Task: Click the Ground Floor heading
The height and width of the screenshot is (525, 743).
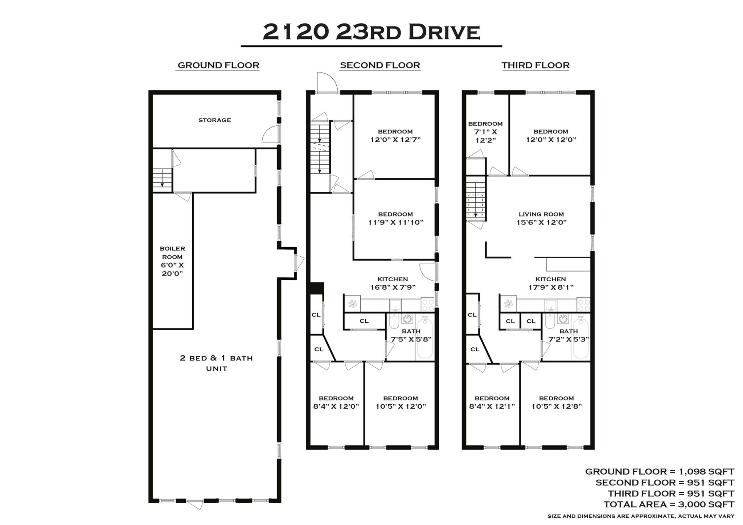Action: click(x=218, y=65)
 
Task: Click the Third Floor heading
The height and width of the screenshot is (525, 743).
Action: click(x=535, y=65)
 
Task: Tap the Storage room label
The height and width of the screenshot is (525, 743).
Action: click(x=214, y=120)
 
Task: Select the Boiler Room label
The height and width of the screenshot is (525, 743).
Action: click(x=172, y=261)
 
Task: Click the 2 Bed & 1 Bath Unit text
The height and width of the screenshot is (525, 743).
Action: click(x=216, y=363)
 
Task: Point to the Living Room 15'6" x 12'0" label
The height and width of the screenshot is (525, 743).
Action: click(x=541, y=218)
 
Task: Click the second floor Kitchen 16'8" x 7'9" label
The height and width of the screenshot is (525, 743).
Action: click(x=393, y=283)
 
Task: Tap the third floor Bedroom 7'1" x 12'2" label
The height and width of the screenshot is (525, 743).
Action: click(x=485, y=132)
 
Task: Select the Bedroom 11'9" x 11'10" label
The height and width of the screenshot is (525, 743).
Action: click(x=395, y=218)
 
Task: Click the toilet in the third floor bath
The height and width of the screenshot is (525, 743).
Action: click(x=550, y=321)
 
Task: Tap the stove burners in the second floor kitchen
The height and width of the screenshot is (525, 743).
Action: click(x=428, y=304)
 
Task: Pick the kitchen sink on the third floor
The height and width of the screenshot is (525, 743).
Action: click(x=551, y=305)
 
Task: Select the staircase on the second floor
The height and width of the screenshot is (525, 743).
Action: click(x=320, y=147)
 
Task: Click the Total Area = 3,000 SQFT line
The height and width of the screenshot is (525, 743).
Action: click(x=669, y=504)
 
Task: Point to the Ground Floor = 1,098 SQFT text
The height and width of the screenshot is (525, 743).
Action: click(x=659, y=471)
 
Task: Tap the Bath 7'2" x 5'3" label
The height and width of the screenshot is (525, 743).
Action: click(x=568, y=335)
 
